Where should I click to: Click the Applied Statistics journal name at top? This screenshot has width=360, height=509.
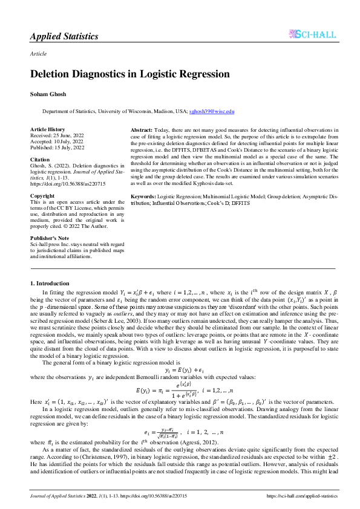(x=64, y=36)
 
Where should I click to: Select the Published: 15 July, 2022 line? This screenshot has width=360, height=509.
(x=57, y=148)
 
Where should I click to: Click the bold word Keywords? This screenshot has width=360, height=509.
(x=144, y=197)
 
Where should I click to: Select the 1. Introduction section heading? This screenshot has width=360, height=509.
(x=50, y=283)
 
